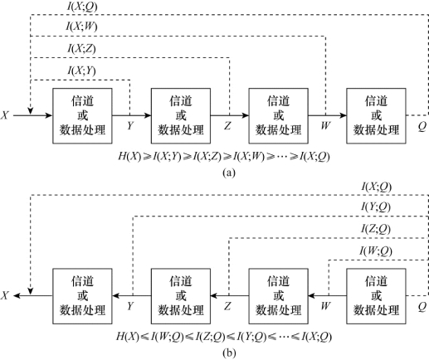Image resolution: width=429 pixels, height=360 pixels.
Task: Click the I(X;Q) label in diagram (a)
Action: pos(82,7)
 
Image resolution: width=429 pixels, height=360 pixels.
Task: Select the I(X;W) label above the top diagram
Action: pos(81,27)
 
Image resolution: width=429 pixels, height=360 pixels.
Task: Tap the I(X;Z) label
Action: pos(82,49)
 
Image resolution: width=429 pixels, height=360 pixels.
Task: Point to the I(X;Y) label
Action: pos(82,71)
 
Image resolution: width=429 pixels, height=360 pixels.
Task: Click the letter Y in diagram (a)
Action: pos(130,126)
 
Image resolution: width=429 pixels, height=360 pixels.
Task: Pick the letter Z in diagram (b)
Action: pos(227,306)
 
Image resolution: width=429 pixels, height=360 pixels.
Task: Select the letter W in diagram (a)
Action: pos(325,126)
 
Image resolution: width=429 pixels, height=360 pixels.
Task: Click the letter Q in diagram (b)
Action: pos(422,307)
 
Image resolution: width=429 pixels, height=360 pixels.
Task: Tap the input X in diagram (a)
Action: pos(5,115)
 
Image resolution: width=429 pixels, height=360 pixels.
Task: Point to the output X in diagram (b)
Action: pos(5,295)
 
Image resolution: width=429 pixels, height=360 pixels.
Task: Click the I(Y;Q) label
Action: pos(376,207)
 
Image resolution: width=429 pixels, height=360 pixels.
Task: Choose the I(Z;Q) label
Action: pos(376,229)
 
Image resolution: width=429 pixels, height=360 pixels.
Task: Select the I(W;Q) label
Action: pos(376,251)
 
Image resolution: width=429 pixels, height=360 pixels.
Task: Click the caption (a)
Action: pos(229,173)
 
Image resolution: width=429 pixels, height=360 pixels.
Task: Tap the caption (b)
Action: pos(229,353)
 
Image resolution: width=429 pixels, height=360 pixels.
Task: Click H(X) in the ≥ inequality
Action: pos(129,157)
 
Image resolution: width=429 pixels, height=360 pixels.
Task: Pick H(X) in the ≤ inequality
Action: pos(127,337)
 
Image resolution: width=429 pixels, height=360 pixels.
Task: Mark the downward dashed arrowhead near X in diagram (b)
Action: pos(31,291)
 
